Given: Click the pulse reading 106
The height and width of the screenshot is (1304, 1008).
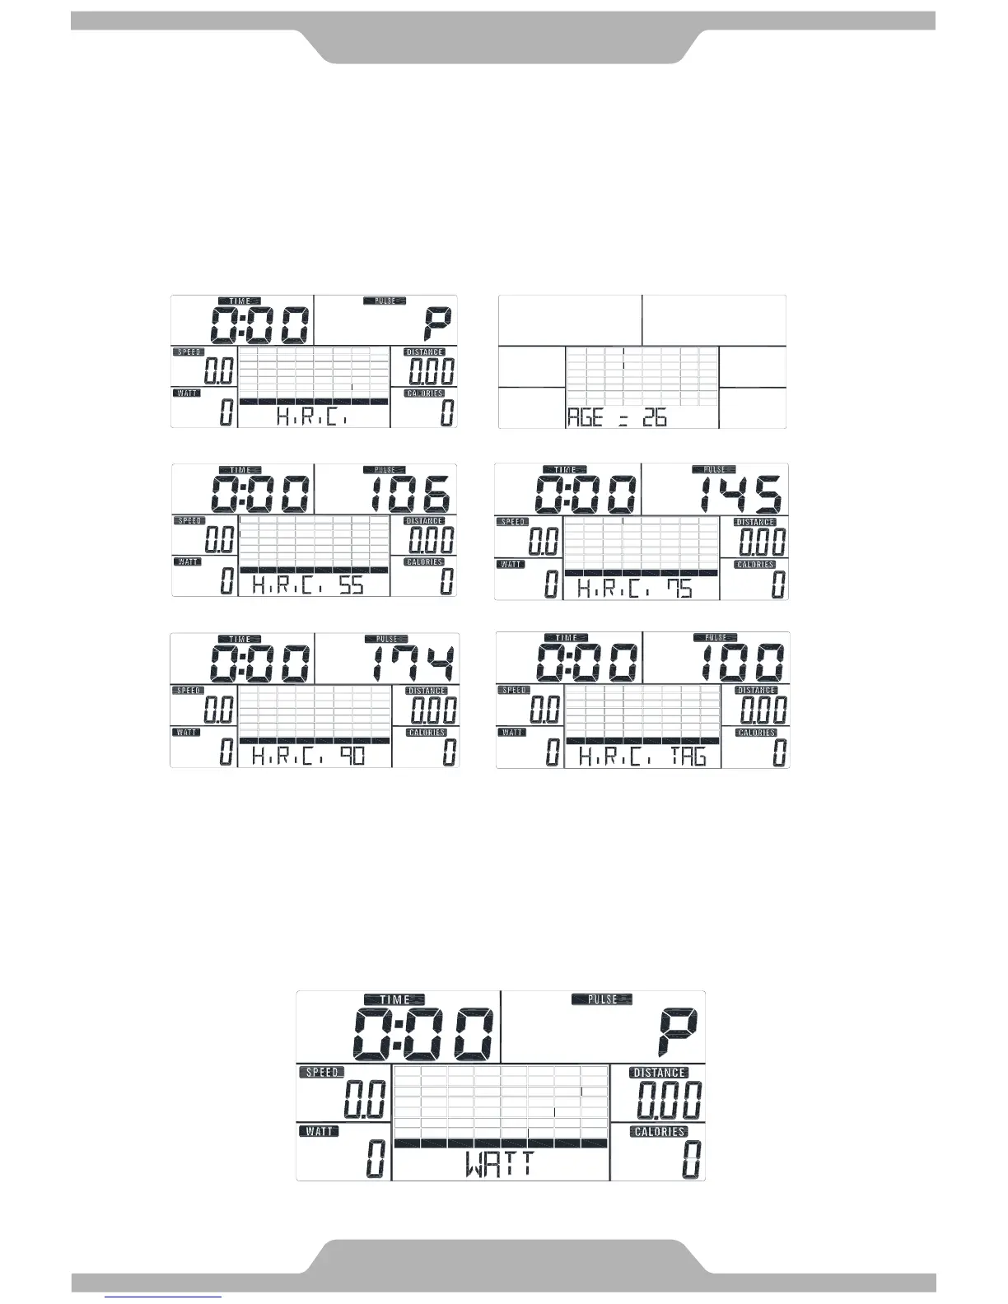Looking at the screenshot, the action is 409,495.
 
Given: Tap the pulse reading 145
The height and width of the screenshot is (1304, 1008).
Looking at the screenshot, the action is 738,496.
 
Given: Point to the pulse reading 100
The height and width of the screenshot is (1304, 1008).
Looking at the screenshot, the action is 742,663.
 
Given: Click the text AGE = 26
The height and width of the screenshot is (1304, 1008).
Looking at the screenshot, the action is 617,417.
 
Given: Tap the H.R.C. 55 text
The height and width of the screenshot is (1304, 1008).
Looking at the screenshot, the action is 308,586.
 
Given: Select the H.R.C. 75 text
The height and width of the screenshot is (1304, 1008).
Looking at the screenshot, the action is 635,589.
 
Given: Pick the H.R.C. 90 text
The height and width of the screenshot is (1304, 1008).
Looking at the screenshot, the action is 308,756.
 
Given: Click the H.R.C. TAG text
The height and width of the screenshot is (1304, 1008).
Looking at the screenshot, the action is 642,756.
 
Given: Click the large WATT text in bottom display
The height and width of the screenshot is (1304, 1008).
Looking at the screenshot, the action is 500,1166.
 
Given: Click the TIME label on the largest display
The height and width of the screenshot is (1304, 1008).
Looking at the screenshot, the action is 394,999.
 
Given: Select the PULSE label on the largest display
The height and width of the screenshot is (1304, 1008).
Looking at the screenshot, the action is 602,999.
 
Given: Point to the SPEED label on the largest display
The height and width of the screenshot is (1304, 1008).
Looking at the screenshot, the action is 322,1072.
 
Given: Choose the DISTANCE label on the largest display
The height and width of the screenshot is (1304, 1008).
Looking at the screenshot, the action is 659,1073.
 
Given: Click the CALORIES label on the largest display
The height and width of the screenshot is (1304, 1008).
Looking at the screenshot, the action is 660,1132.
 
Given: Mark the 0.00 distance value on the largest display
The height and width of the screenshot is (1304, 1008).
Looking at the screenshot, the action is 670,1101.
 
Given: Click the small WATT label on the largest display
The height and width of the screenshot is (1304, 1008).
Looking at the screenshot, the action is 319,1131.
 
